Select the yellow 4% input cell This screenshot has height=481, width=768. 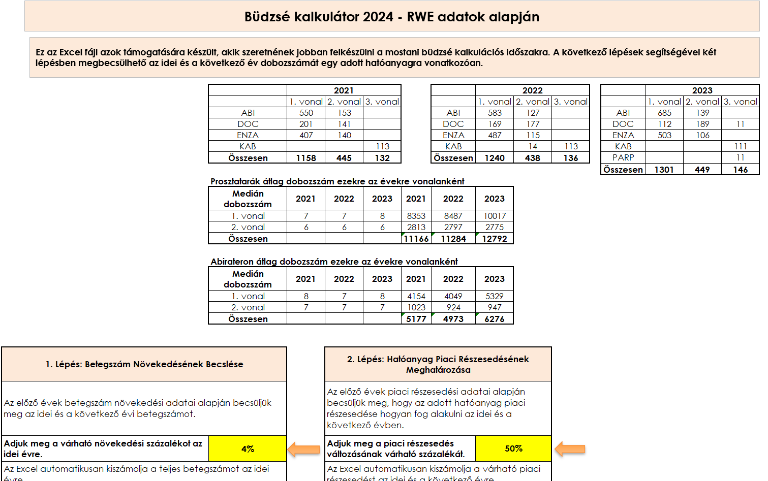(x=248, y=449)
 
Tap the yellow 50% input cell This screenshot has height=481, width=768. (x=513, y=448)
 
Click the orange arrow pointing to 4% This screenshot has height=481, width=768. (x=304, y=450)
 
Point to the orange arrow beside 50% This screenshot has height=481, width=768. (x=570, y=449)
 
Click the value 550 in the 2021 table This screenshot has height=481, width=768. (x=306, y=113)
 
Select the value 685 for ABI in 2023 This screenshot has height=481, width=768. (x=664, y=113)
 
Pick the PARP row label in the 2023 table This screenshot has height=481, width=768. (x=623, y=157)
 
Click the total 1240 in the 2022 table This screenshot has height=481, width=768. (x=495, y=158)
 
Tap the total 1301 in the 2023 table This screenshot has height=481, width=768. (x=664, y=170)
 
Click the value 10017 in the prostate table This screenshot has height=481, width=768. (x=495, y=216)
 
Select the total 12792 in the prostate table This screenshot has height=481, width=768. (x=495, y=239)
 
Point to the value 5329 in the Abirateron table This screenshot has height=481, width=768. (x=495, y=296)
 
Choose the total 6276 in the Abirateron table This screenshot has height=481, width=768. (x=495, y=319)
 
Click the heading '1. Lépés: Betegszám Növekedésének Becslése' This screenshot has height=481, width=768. (x=144, y=364)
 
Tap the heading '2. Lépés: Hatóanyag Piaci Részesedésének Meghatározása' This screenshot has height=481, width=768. (x=438, y=364)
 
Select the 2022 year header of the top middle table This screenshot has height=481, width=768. (x=532, y=90)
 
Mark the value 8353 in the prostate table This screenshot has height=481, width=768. (x=416, y=216)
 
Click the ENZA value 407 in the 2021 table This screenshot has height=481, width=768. (x=306, y=135)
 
